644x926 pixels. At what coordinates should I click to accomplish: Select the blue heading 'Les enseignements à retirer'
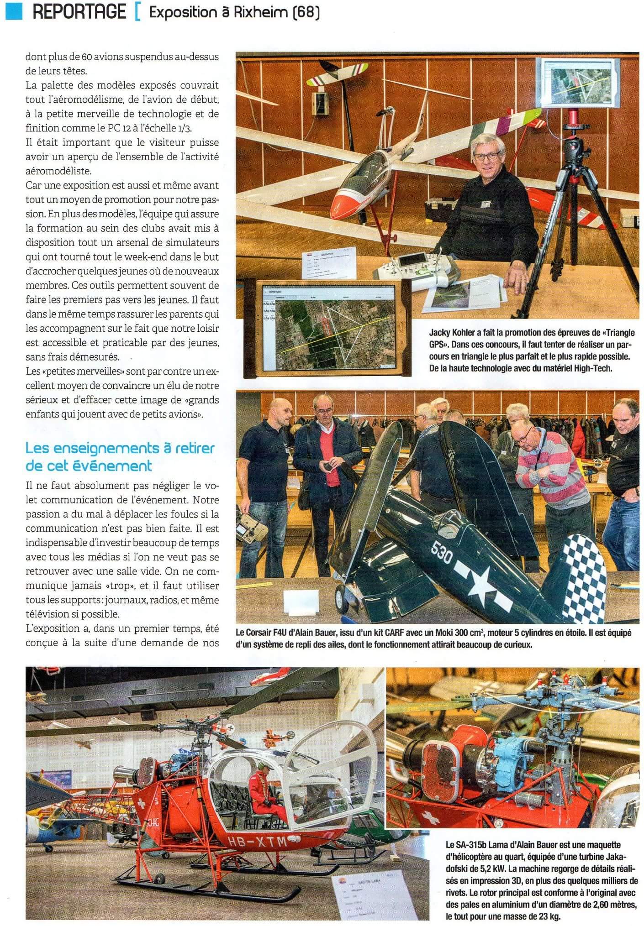120,448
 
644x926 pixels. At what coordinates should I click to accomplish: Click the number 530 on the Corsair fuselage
442,555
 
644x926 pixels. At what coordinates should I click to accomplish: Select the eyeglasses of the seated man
487,156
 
